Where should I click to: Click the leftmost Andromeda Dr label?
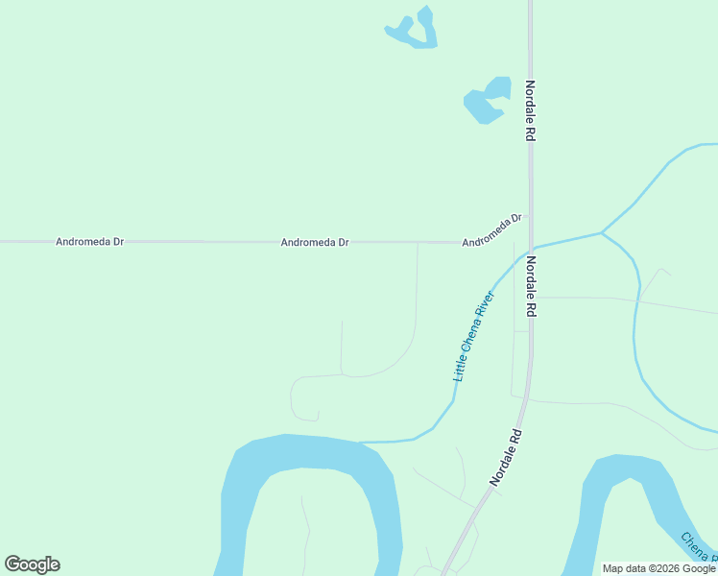click(90, 242)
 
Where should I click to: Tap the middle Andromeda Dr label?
click(314, 243)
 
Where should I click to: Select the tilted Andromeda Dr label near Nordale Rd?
click(491, 230)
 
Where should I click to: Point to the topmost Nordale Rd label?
click(529, 110)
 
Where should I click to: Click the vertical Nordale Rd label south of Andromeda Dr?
click(530, 286)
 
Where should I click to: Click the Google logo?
click(32, 564)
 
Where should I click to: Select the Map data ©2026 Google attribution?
click(658, 568)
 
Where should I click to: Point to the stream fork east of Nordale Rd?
click(602, 232)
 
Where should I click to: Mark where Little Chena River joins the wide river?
click(359, 443)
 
